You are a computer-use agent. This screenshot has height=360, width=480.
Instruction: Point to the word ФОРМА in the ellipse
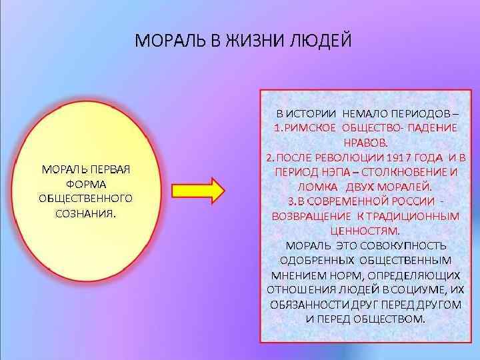[x=85, y=184]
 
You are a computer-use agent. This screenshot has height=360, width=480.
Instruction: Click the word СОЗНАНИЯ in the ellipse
[x=85, y=213]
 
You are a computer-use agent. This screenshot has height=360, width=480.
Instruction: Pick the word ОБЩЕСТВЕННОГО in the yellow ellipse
[x=85, y=199]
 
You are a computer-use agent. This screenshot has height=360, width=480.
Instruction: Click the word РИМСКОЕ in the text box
[x=311, y=128]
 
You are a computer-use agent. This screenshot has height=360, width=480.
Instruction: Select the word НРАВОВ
[x=364, y=143]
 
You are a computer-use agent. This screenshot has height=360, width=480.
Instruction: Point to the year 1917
[x=397, y=157]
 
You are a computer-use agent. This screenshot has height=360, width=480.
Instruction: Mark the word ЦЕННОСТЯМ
[x=364, y=231]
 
